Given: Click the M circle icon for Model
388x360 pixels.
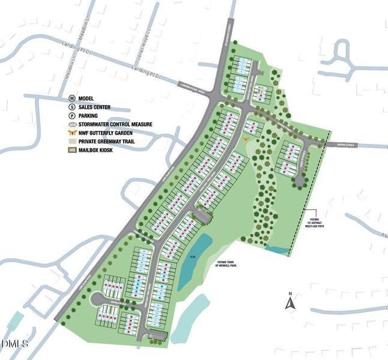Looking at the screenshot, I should click(71, 97).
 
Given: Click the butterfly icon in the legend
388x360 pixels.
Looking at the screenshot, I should click(71, 133).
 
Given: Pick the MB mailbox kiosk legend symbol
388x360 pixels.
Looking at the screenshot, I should click(71, 150).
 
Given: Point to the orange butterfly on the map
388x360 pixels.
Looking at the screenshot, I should click(246, 139).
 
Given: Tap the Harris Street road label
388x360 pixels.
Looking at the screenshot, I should click(348, 145).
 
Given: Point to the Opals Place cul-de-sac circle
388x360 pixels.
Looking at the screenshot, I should click(95, 299).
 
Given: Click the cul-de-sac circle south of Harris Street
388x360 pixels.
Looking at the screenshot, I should click(299, 179).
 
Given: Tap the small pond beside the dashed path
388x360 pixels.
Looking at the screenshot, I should click(277, 248).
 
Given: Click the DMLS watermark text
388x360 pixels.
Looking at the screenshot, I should click(14, 344).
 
